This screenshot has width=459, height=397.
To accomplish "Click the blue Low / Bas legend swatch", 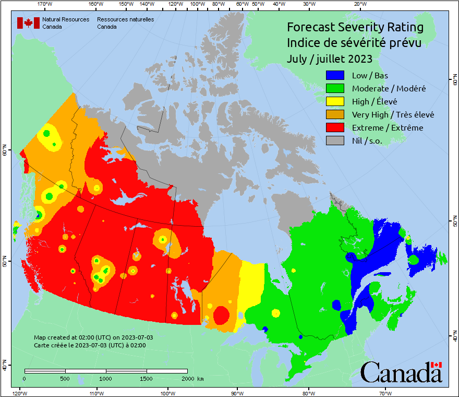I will click(335, 76).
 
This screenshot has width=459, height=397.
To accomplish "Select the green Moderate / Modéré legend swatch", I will click(335, 89).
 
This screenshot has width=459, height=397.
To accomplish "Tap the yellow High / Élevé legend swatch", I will click(335, 101).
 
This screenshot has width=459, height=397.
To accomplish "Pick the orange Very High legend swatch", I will click(335, 114).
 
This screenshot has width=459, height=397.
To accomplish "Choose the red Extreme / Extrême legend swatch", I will click(335, 127).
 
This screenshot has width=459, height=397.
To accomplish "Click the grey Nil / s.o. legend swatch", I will click(335, 141).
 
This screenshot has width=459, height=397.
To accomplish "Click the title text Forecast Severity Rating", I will click(355, 27).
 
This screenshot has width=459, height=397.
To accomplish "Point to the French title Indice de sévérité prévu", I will click(354, 42).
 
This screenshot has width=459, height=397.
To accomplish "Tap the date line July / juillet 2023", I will click(329, 59).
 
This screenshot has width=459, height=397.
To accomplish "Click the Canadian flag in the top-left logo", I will click(28, 23).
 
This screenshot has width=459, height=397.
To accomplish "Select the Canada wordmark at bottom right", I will click(401, 372).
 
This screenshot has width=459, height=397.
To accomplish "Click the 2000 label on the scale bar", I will click(187, 379).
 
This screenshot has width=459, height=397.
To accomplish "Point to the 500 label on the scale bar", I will click(65, 379).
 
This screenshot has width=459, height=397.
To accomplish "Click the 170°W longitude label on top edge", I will click(45, 4).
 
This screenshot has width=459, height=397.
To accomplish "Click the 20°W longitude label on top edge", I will click(359, 4).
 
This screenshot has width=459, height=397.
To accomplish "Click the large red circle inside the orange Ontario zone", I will click(221, 315).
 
